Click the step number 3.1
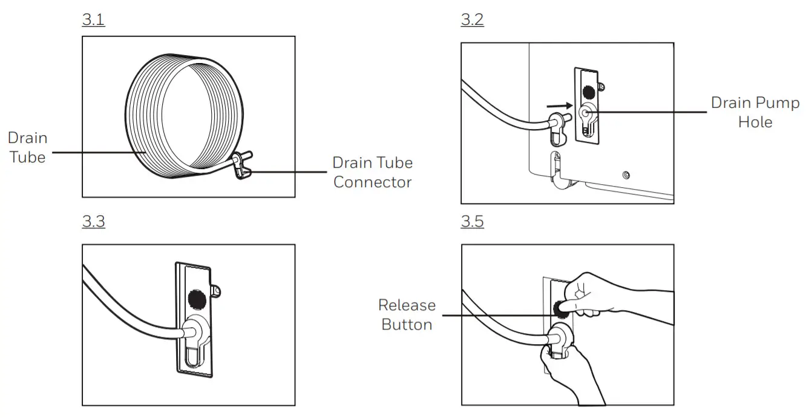[x=93, y=20]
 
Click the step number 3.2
[x=472, y=20]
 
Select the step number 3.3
[x=93, y=222]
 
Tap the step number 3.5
[x=472, y=222]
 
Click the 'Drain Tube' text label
[x=27, y=147]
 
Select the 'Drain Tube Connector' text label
[x=372, y=172]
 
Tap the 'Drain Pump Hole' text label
[x=755, y=112]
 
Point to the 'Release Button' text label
[x=407, y=314]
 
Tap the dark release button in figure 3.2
[x=586, y=92]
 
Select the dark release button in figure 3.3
[x=195, y=298]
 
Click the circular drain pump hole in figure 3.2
[x=586, y=113]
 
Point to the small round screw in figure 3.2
[x=626, y=176]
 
